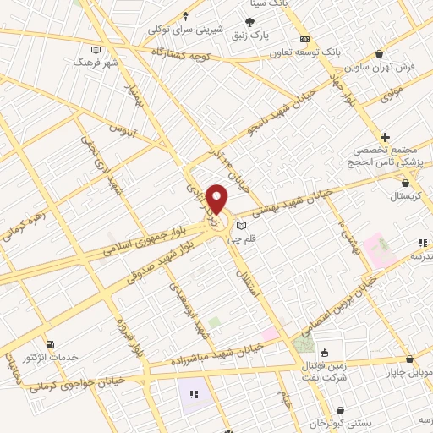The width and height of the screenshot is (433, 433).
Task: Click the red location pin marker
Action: click(x=217, y=199)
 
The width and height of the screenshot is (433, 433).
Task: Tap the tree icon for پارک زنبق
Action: click(x=250, y=23)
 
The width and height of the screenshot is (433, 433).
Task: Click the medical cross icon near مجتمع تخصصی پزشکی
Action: click(x=385, y=137)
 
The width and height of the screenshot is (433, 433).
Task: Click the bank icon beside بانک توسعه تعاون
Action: click(x=304, y=39)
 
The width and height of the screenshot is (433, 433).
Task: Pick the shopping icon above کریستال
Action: click(x=406, y=182)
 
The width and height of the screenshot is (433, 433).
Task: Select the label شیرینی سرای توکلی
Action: click(x=186, y=29)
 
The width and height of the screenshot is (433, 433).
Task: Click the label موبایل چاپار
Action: click(x=409, y=370)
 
